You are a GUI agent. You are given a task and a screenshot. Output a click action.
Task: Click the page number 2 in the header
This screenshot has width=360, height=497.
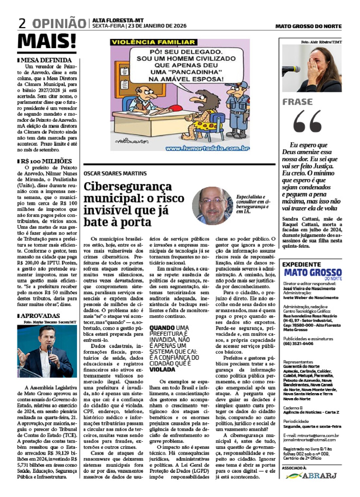click(x=22, y=24)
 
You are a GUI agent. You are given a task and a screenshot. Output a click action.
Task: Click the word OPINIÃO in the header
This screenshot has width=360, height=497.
click(x=59, y=24)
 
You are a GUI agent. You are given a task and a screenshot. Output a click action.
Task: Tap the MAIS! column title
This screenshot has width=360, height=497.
click(x=47, y=41)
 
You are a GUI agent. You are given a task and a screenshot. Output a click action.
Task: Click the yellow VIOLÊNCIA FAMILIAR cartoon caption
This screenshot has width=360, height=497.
click(x=153, y=42)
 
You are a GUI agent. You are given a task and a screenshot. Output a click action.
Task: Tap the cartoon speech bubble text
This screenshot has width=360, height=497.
click(x=186, y=65)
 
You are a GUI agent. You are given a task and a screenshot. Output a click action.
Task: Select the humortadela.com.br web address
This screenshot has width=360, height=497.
click(x=207, y=148)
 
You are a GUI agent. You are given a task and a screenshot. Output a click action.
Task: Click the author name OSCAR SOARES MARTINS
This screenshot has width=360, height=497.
click(x=115, y=173)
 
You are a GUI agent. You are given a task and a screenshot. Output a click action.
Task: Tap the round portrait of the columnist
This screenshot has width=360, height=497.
click(x=212, y=206)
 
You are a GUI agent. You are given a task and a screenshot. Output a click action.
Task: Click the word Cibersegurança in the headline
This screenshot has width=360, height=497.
click(x=128, y=186)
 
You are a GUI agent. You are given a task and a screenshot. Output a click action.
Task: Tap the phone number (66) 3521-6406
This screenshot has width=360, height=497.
click(x=298, y=343)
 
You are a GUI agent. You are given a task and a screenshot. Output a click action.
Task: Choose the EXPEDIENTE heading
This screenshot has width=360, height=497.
click(x=301, y=264)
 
